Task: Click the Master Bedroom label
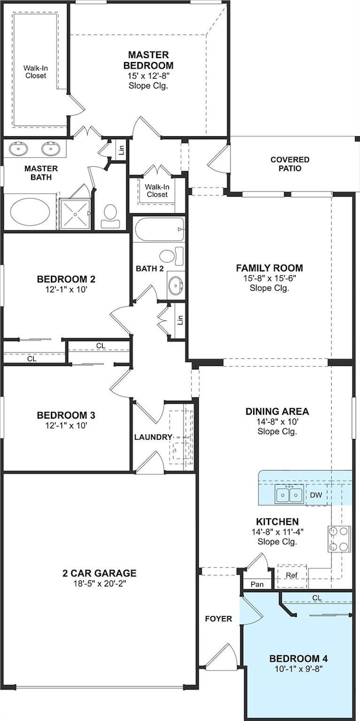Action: (148, 60)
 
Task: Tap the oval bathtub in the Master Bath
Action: (30, 212)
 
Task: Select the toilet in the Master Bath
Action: (110, 217)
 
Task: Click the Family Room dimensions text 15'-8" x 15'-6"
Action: (270, 278)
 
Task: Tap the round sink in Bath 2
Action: (176, 285)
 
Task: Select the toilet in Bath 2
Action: (171, 256)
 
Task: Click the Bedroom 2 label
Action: (66, 279)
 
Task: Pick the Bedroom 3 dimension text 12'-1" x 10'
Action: (66, 425)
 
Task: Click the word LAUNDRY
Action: (153, 437)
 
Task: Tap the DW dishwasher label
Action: (316, 495)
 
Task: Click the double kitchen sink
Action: (289, 494)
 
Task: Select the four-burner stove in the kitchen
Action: (340, 539)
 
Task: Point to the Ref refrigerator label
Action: (292, 575)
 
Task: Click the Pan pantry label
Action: (257, 584)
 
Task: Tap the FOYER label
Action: (219, 619)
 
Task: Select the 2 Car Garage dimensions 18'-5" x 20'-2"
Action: (99, 584)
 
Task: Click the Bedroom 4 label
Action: (299, 658)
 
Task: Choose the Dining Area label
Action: (277, 411)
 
